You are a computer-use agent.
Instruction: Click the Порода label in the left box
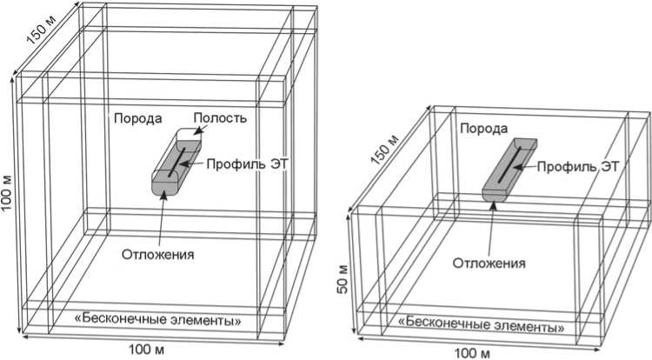pos(135,118)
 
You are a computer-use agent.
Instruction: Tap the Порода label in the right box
pos(484,129)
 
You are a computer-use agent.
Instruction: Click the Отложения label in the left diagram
pos(158,255)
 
